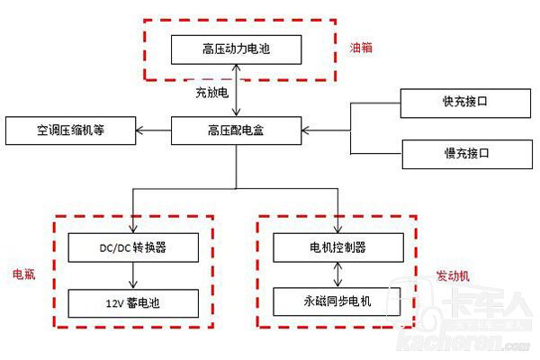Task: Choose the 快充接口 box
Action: click(x=457, y=103)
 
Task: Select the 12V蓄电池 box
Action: click(x=132, y=301)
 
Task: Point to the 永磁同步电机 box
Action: click(x=337, y=301)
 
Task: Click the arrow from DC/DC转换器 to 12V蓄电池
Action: click(x=132, y=274)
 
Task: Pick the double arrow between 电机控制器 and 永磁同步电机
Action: click(x=337, y=274)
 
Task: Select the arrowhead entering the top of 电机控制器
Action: click(x=337, y=229)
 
